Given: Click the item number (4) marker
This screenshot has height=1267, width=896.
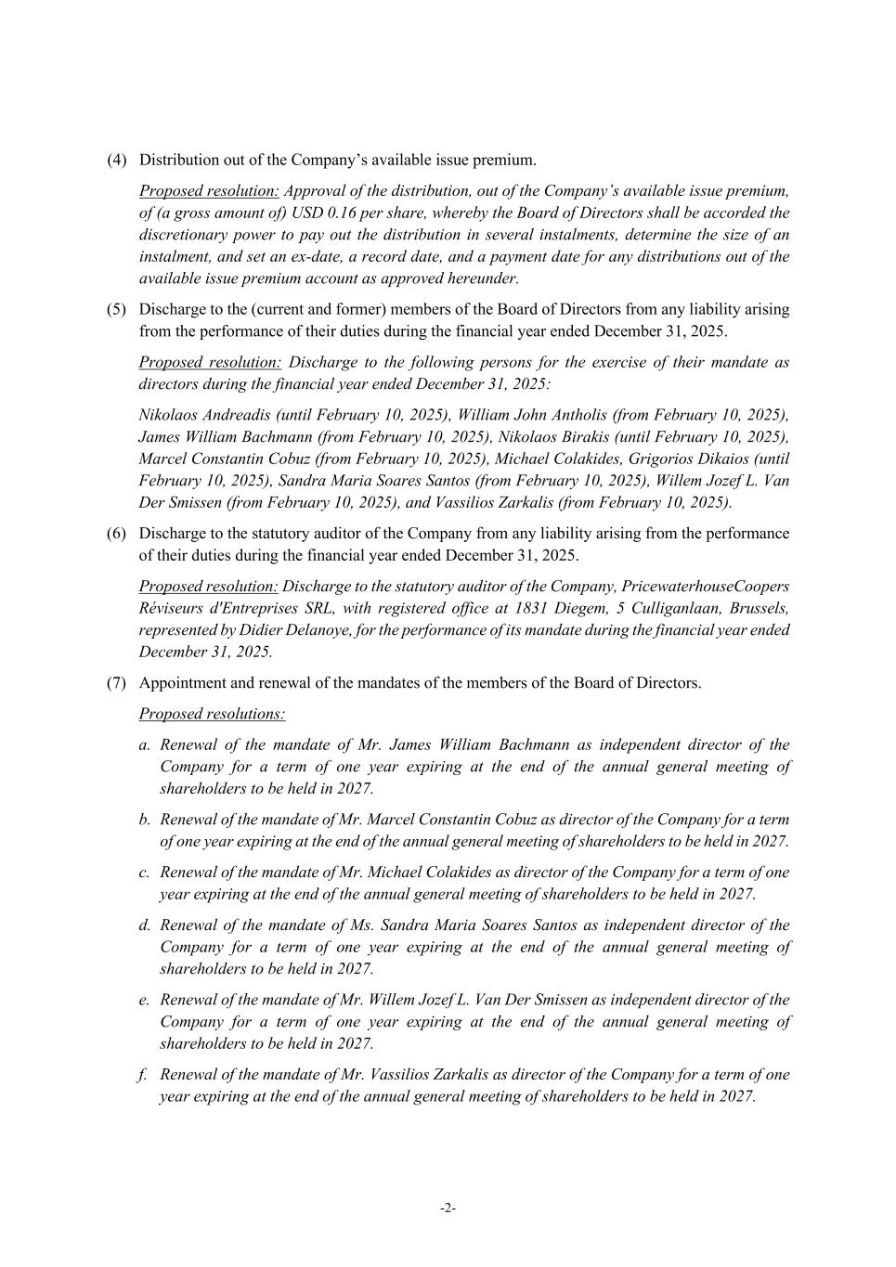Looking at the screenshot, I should pyautogui.click(x=116, y=160).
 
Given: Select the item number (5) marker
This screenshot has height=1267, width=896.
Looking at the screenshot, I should pyautogui.click(x=116, y=309).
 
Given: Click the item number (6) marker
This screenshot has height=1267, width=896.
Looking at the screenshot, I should pyautogui.click(x=116, y=533).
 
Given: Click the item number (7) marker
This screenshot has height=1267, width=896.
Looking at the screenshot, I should pyautogui.click(x=116, y=682).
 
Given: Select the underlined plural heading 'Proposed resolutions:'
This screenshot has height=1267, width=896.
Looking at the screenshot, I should pyautogui.click(x=212, y=714).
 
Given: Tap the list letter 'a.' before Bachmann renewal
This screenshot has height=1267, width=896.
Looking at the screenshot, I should pyautogui.click(x=145, y=744).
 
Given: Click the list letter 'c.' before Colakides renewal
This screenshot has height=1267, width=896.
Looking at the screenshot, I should pyautogui.click(x=145, y=873).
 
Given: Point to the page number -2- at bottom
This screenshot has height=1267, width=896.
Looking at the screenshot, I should pyautogui.click(x=448, y=1208).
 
